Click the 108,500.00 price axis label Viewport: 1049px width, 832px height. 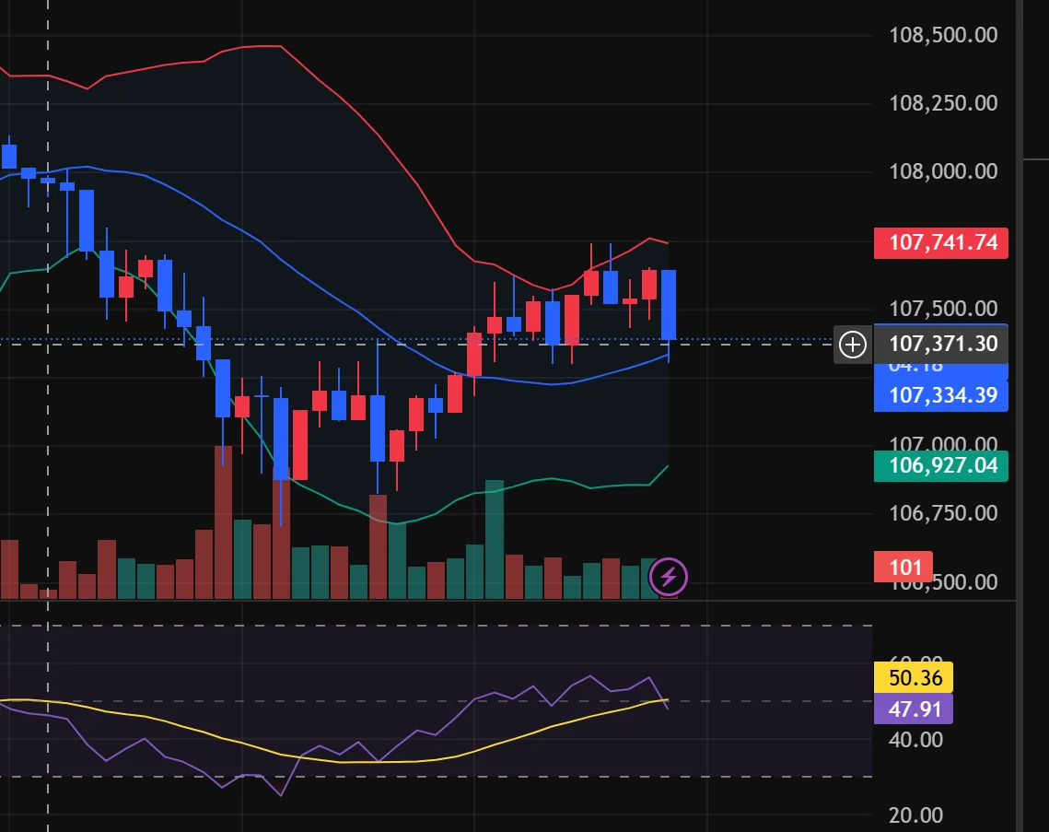(x=943, y=35)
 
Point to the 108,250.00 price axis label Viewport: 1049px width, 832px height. (x=943, y=102)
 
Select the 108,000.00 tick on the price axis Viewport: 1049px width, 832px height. (x=943, y=171)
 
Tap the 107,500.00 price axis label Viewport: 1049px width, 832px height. (x=943, y=308)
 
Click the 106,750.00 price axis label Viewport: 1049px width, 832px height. (x=943, y=513)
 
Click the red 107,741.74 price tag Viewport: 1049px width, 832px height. (x=940, y=243)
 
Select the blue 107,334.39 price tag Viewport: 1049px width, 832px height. (x=940, y=396)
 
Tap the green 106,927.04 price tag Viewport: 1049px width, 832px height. (x=940, y=466)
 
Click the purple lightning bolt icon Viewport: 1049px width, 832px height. (x=669, y=578)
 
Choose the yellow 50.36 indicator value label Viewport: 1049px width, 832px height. (x=912, y=678)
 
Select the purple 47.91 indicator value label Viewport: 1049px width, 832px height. (x=912, y=709)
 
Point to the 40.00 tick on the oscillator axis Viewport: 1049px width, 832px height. (x=917, y=740)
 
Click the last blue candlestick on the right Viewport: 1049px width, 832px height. (x=670, y=305)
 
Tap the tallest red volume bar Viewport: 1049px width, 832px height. (x=223, y=521)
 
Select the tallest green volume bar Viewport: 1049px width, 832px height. (x=495, y=539)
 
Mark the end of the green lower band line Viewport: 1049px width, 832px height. (x=668, y=466)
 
